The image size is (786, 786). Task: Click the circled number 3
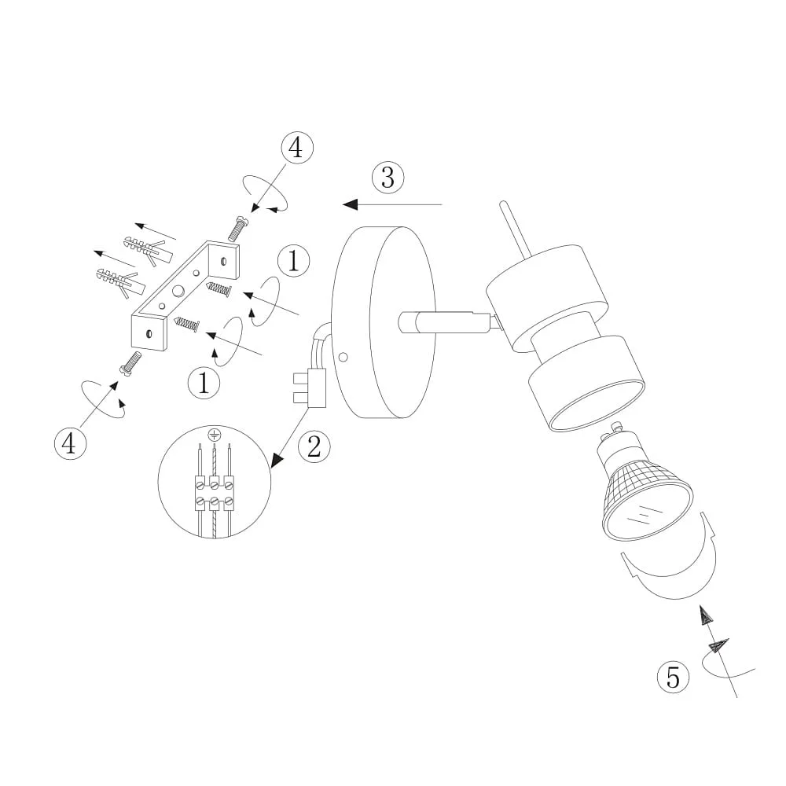coord(388,178)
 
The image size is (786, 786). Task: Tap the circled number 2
coord(314,446)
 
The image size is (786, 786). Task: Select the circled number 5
coord(674,678)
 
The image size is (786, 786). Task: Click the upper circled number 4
coord(297,148)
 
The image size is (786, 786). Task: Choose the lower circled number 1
coord(204,383)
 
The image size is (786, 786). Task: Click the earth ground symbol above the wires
coord(214,435)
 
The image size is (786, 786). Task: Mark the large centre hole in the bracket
coord(178,291)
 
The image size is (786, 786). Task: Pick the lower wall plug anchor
coord(121,283)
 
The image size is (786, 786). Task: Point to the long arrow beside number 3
coord(392,204)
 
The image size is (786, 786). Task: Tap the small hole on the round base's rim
coord(343,358)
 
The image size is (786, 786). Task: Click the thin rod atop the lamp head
coord(515,230)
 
